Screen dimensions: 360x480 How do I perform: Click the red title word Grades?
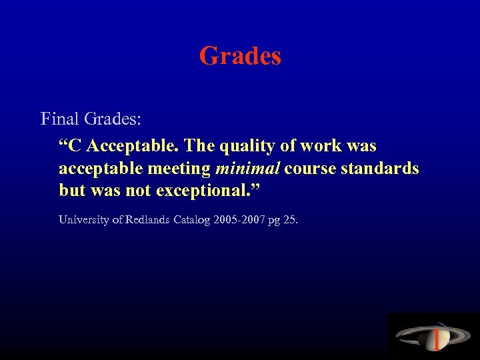pyautogui.click(x=240, y=56)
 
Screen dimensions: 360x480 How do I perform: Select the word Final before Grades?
pyautogui.click(x=60, y=119)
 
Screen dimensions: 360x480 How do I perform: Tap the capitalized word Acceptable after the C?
pyautogui.click(x=132, y=145)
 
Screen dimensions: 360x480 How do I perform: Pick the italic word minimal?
pyautogui.click(x=247, y=169)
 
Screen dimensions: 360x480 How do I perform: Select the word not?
pyautogui.click(x=136, y=191)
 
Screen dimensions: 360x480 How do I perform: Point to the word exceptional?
pyautogui.click(x=204, y=191)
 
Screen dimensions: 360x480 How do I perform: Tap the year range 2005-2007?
pyautogui.click(x=240, y=219)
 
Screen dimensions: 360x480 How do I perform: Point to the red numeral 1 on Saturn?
pyautogui.click(x=435, y=340)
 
